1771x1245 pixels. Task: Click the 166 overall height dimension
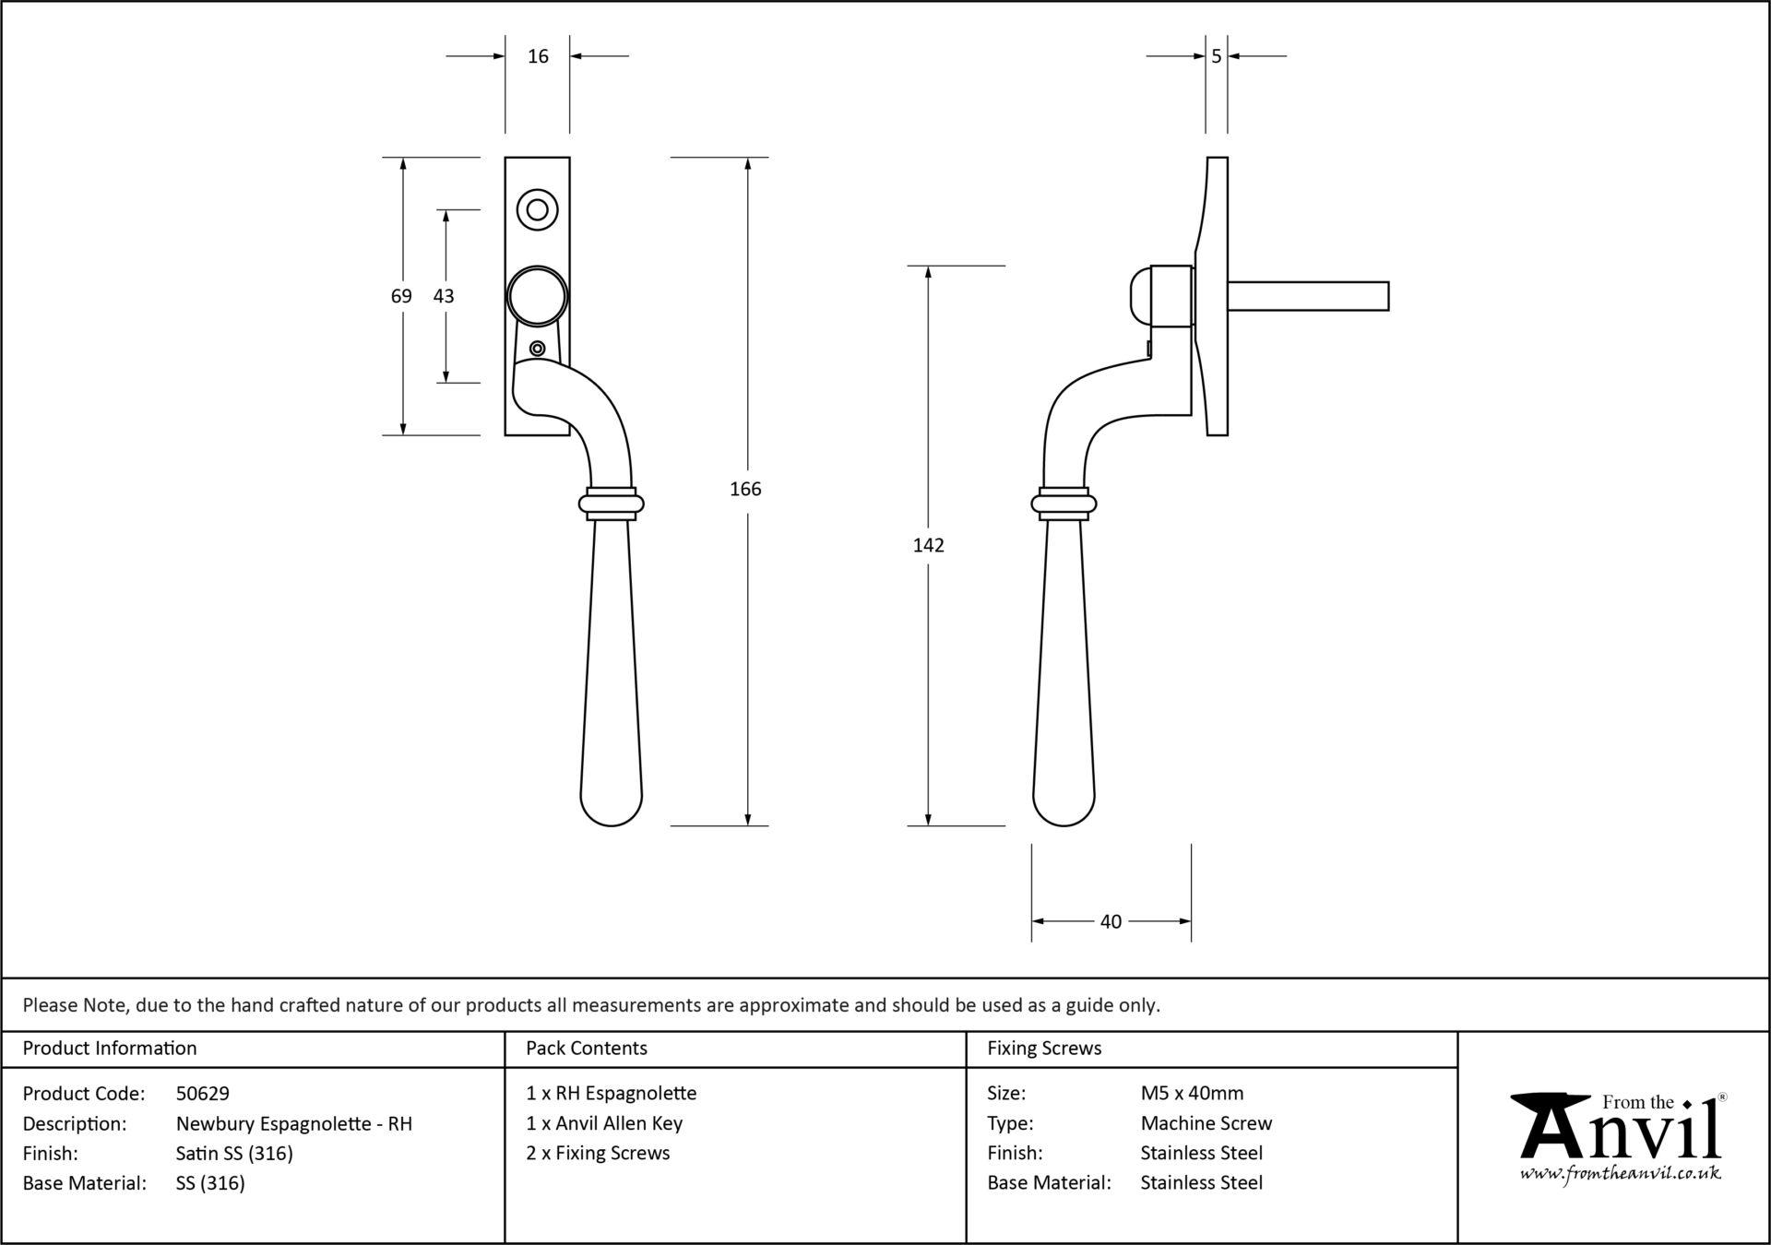point(745,489)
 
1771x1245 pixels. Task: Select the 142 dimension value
point(928,545)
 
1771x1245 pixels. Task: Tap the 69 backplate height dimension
point(401,296)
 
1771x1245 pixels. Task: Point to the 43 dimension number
point(444,296)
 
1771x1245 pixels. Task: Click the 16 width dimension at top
point(538,56)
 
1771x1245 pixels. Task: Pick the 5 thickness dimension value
point(1217,56)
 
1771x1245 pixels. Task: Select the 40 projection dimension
point(1111,921)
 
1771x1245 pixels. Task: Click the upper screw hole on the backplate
point(537,208)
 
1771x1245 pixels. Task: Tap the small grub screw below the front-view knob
point(537,349)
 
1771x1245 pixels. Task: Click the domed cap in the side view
point(1141,296)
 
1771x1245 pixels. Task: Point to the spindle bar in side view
point(1308,296)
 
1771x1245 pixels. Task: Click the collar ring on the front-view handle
point(611,504)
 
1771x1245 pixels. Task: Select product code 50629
point(203,1094)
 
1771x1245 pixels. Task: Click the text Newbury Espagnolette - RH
point(294,1123)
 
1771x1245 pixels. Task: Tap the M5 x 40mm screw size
point(1192,1094)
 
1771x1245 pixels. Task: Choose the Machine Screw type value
point(1206,1123)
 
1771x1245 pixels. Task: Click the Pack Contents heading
point(587,1049)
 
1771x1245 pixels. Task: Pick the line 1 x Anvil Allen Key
point(604,1123)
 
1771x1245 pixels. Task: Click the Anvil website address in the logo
point(1621,1173)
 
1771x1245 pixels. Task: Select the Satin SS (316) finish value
point(234,1154)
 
